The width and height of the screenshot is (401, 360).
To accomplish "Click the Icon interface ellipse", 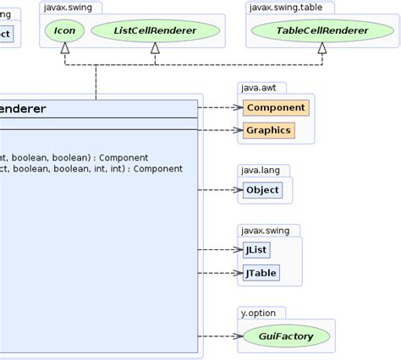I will [63, 31].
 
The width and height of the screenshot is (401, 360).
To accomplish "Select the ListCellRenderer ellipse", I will [154, 31].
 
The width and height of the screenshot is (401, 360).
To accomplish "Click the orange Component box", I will [275, 108].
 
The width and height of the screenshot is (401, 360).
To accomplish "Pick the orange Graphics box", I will [268, 130].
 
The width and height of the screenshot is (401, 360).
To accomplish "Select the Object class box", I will [262, 190].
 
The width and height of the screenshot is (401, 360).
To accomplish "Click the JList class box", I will [255, 251].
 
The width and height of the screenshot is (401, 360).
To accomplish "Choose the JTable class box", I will [260, 273].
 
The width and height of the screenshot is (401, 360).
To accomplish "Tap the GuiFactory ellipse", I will [287, 336].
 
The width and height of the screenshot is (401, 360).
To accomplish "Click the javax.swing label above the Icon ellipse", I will [70, 8].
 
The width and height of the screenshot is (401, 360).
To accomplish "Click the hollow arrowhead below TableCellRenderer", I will [321, 50].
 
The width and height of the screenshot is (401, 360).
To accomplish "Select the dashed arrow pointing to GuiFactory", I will [222, 336].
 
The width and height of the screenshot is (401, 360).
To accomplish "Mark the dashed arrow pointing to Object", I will [222, 190].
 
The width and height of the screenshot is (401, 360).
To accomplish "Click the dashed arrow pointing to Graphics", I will [222, 130].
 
